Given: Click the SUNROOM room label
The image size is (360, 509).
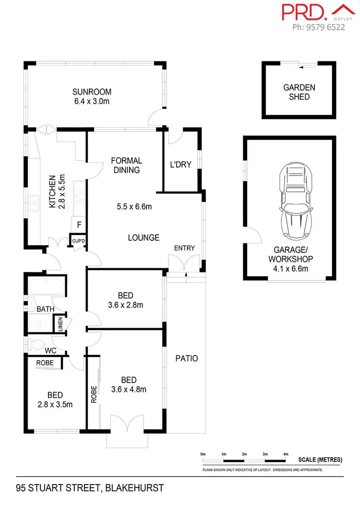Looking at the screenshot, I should (x=92, y=92).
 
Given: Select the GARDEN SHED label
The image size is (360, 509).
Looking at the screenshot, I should (x=299, y=92).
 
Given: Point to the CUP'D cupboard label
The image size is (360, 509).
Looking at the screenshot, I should (x=78, y=240).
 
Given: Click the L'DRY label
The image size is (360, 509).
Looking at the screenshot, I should (x=181, y=165).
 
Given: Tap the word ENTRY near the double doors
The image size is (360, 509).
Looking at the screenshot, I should (x=184, y=248).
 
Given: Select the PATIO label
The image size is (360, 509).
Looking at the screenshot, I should (x=186, y=358).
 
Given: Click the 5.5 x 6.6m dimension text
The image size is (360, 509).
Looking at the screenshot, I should (x=134, y=207).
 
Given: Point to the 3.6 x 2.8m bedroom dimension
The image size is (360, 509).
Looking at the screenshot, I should (x=126, y=305).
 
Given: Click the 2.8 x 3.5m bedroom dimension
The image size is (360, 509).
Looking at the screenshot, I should (x=55, y=404).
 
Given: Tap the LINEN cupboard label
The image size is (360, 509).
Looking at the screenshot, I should (x=60, y=325).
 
